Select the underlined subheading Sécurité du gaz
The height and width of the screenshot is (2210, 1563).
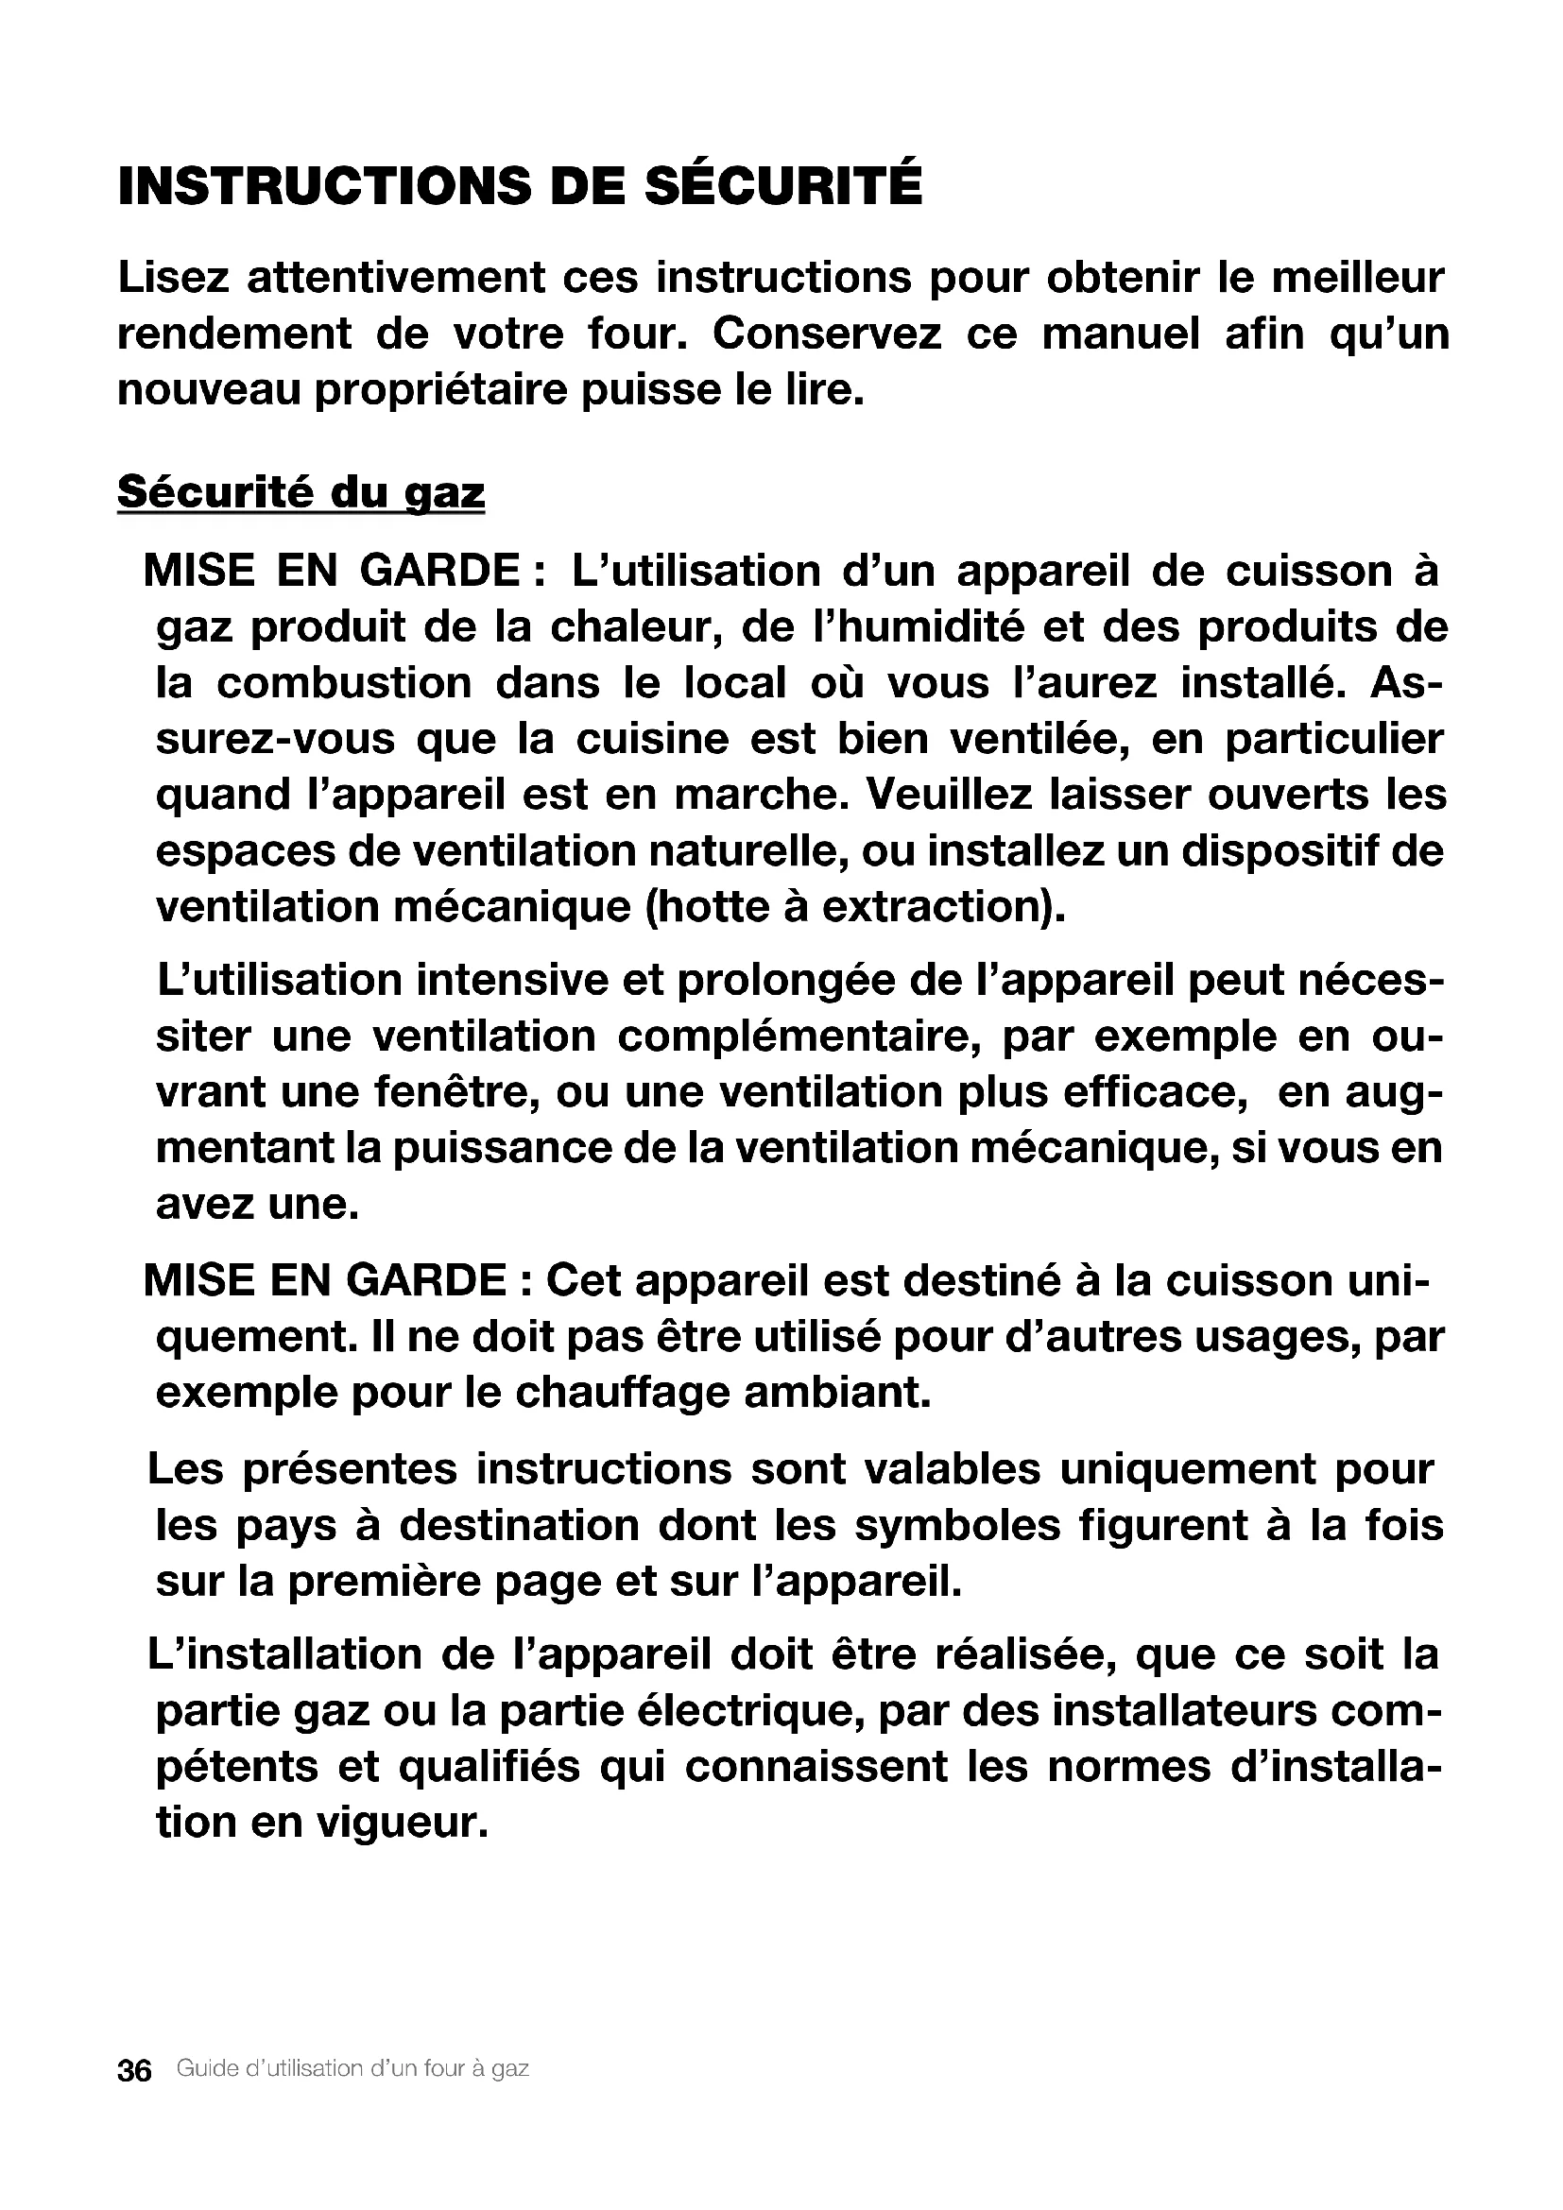[x=301, y=493]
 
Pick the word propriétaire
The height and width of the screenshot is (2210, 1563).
[x=439, y=391]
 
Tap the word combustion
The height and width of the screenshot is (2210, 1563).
[x=344, y=683]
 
